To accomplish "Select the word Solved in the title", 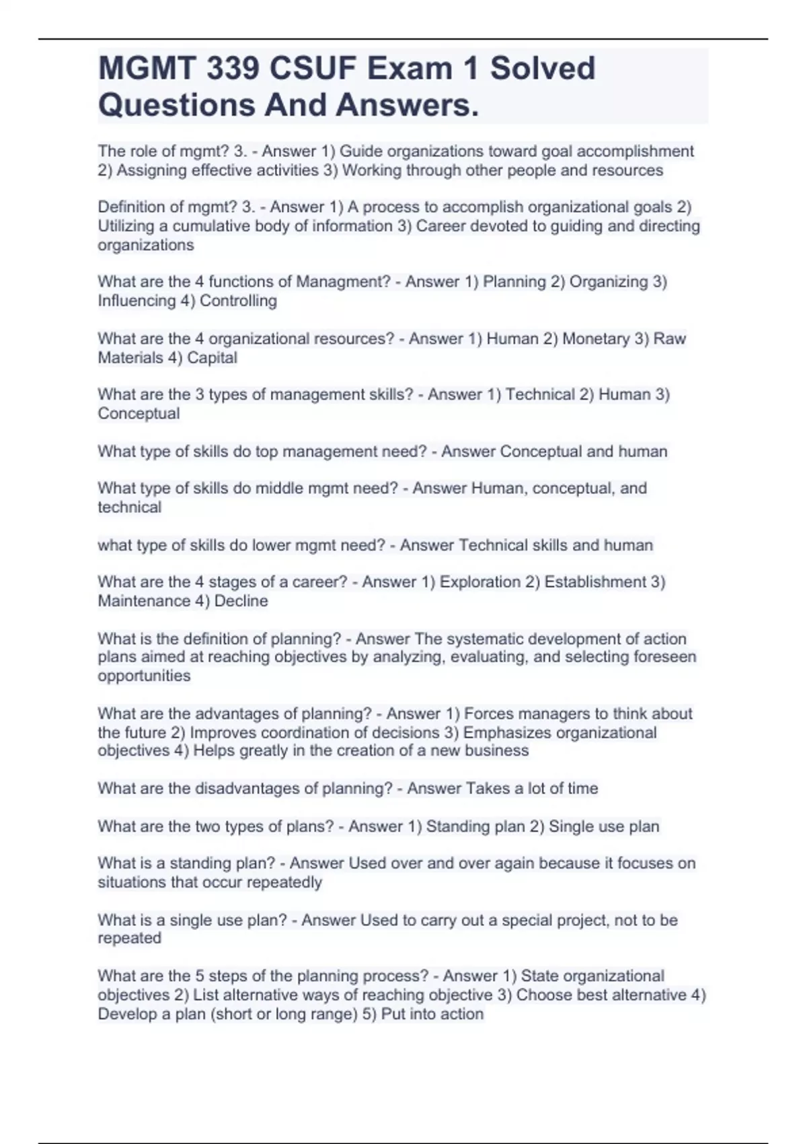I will (542, 69).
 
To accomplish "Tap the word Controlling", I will (238, 301).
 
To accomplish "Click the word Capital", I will (212, 357).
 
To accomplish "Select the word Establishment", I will (595, 581).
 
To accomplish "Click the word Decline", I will (241, 600).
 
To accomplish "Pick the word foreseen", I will (666, 657).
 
